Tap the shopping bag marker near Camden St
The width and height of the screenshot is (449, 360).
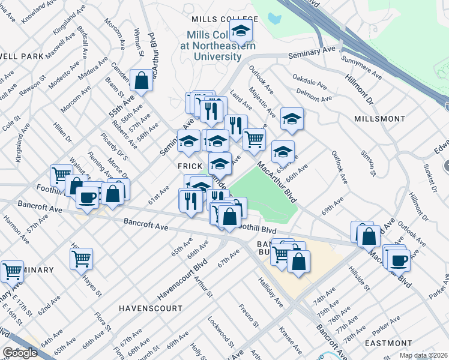click(x=142, y=81)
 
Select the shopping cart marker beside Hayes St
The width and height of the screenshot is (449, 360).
click(x=81, y=259)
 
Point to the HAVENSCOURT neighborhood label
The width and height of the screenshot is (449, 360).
click(x=150, y=308)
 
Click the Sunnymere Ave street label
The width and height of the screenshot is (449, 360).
click(x=361, y=68)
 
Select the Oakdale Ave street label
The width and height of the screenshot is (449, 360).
click(x=309, y=82)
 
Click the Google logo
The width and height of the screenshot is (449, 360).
click(x=20, y=353)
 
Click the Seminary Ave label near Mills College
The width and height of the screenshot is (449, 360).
click(x=310, y=53)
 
